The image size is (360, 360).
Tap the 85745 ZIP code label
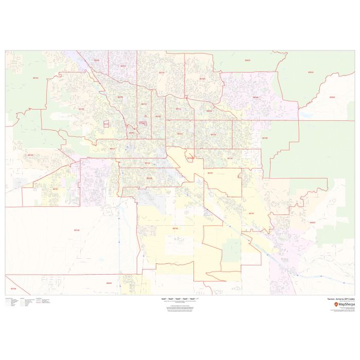tap(81, 109)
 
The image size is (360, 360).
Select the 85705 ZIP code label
tap(120, 97)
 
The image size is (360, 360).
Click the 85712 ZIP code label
tap(178, 109)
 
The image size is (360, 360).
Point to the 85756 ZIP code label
tap(175, 228)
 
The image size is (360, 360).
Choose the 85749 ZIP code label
tap(256, 97)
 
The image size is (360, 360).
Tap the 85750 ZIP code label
tap(202, 79)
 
